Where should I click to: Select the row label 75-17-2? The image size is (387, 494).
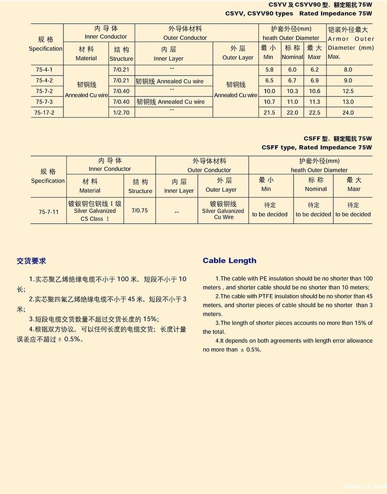45,113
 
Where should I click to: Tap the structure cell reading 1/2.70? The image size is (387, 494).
121,113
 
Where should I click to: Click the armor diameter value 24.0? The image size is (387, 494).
348,113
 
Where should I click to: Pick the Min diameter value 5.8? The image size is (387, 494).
269,70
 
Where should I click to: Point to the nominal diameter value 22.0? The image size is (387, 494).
292,113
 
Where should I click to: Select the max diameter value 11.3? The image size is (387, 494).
314,102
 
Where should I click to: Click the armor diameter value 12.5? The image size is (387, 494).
348,92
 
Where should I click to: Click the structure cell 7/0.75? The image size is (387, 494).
139,211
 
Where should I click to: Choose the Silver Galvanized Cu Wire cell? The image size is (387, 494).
223,211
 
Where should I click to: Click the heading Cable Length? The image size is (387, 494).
229,261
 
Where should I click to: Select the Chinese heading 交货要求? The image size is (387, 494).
31,261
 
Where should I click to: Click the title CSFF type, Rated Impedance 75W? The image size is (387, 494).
316,147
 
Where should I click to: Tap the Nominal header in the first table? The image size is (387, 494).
292,52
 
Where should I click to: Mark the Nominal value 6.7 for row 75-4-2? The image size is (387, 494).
292,81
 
